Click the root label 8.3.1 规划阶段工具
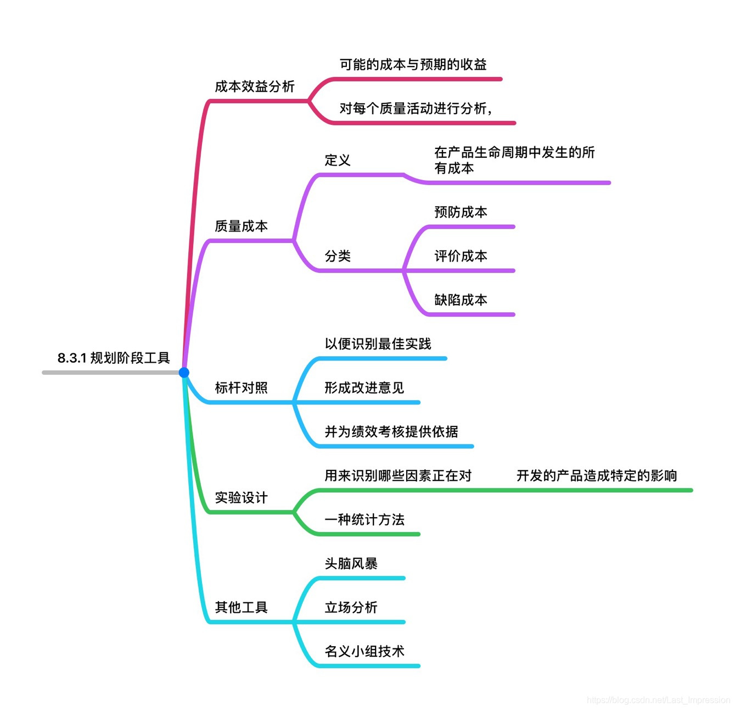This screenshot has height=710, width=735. (x=114, y=358)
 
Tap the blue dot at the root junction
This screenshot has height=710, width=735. (x=184, y=373)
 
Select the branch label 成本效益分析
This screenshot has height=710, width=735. (x=255, y=87)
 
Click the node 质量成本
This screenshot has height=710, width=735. (x=241, y=226)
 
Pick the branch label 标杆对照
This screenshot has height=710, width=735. (x=241, y=388)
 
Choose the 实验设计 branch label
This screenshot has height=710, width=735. (x=241, y=498)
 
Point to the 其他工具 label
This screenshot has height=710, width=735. (x=241, y=608)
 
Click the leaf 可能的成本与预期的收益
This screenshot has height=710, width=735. (x=413, y=65)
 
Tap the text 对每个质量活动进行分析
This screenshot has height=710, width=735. (x=415, y=109)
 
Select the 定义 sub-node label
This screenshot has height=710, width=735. (x=337, y=160)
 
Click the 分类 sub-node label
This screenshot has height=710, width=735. (x=337, y=256)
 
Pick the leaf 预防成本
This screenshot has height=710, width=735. (x=461, y=212)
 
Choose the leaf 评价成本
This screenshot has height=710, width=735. (x=461, y=256)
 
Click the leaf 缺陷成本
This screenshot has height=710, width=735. (x=461, y=300)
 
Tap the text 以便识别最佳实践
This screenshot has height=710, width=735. (x=378, y=344)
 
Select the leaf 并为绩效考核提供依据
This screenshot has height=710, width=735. (x=391, y=432)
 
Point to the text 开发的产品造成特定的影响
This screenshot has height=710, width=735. (x=597, y=476)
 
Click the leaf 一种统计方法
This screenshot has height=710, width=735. (x=364, y=520)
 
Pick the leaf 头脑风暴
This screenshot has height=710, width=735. (x=351, y=564)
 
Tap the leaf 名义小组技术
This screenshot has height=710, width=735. (x=364, y=652)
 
